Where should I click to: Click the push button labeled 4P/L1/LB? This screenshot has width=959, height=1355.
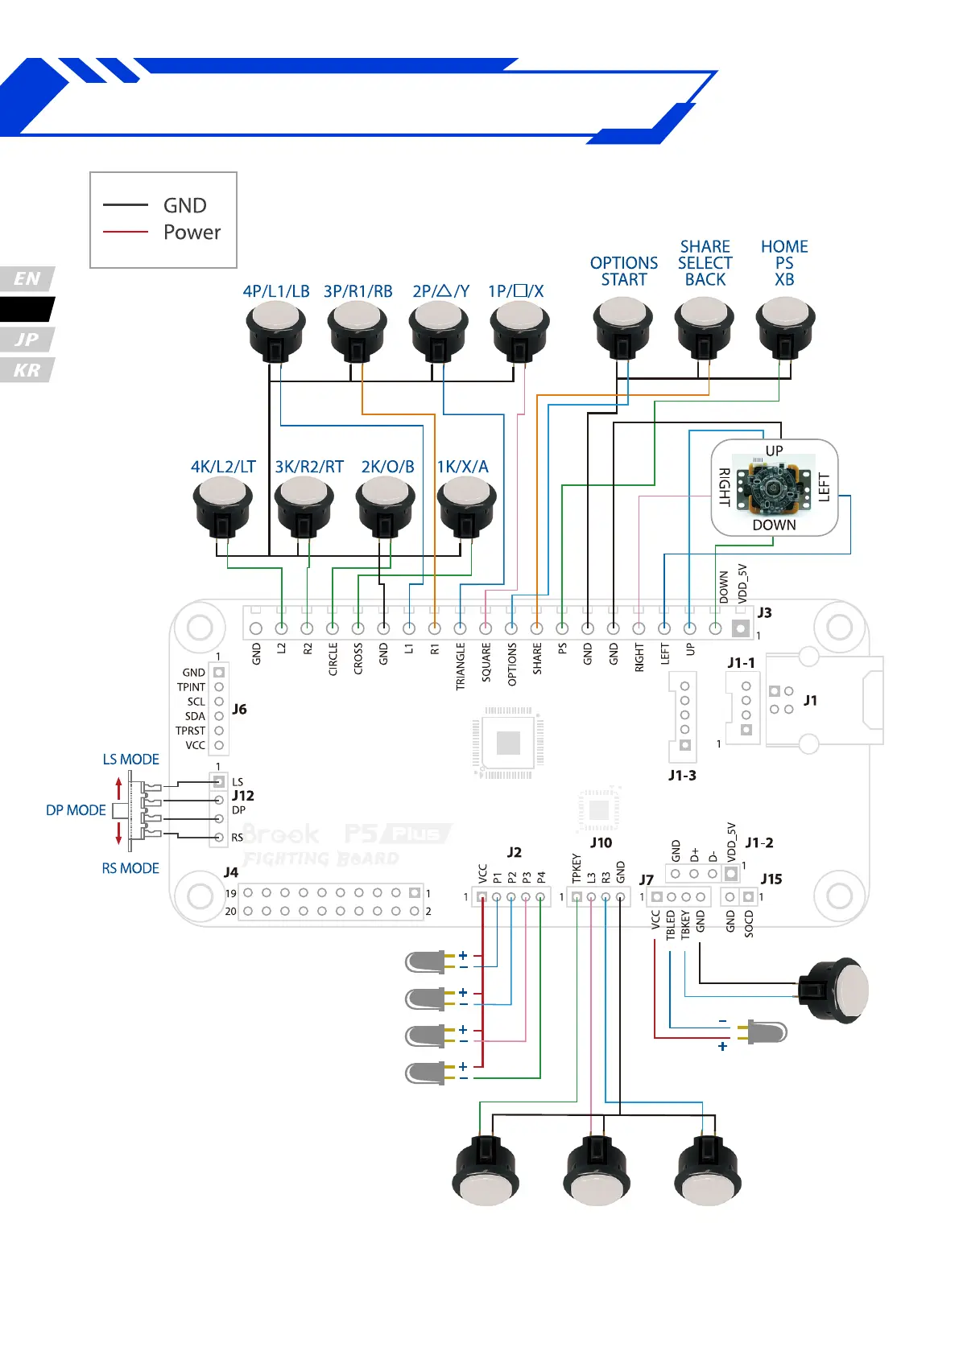[275, 330]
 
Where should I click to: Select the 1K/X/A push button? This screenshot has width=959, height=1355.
[465, 504]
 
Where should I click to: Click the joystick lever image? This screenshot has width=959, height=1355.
[774, 488]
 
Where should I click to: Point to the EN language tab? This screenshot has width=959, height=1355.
[27, 278]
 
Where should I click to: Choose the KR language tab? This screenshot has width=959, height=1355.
[27, 370]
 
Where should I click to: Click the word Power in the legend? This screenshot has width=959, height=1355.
[192, 233]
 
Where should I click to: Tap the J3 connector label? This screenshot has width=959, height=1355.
[764, 612]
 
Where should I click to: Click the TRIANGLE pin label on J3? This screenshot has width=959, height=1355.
[461, 666]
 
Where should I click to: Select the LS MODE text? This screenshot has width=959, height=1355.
[130, 760]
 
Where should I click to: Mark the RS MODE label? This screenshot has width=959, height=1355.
[130, 868]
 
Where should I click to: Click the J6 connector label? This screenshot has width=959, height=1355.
[239, 709]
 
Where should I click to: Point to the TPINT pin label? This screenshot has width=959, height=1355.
[191, 687]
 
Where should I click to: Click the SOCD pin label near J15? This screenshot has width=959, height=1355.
[749, 925]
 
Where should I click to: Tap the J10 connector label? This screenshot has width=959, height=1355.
[601, 842]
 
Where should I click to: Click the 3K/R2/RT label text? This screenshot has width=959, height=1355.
[309, 467]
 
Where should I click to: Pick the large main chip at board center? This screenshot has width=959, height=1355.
[508, 742]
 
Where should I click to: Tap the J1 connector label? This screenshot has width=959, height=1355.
[810, 701]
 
